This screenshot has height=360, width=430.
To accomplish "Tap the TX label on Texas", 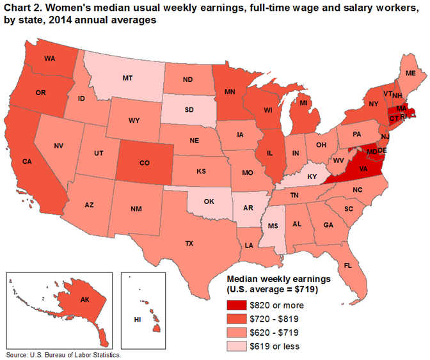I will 189,244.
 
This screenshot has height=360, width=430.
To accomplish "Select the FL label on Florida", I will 348,264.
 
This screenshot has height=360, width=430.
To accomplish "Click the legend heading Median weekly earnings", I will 278,279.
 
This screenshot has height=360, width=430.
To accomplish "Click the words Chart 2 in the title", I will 25,8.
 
